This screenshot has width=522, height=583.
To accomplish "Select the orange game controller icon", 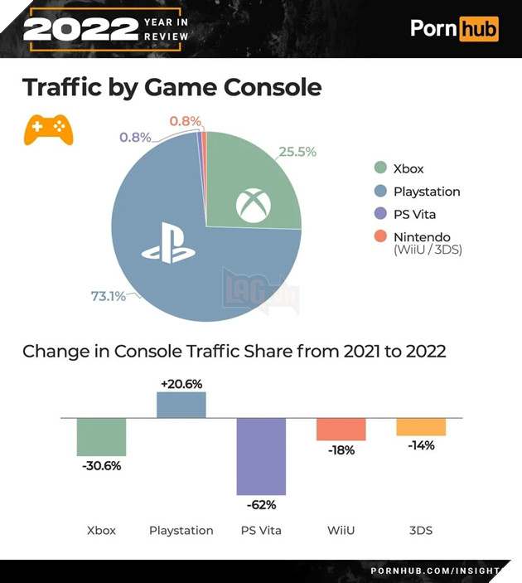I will (x=48, y=129).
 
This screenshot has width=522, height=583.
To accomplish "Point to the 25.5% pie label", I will (x=297, y=152).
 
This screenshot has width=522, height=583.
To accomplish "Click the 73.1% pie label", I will (x=108, y=296).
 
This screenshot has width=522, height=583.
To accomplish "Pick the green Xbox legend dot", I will (x=380, y=168).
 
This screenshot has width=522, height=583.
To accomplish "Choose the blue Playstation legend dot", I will (x=380, y=192).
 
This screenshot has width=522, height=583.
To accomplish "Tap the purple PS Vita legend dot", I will (x=380, y=215).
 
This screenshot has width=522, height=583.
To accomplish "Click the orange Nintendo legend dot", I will (x=380, y=237).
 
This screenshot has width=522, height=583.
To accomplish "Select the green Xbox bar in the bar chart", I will (x=101, y=437).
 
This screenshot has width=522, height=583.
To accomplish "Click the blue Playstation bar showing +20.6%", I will (x=181, y=406).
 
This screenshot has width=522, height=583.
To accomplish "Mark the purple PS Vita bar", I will (x=261, y=456).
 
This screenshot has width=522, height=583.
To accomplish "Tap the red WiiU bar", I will (x=341, y=430).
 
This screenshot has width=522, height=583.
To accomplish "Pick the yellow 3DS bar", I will (x=421, y=426).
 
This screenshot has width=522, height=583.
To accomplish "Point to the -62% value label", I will (x=261, y=504).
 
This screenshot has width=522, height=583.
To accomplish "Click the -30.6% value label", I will (x=101, y=465).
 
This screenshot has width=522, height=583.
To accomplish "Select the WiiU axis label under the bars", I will (x=341, y=530).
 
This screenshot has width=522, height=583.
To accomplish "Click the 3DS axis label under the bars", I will (x=420, y=530).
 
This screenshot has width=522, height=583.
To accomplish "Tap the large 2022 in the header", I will (x=80, y=29).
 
